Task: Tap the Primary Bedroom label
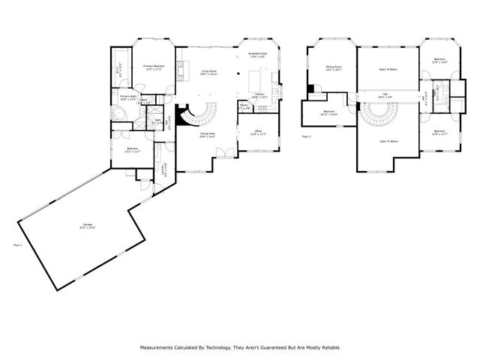click(154, 67)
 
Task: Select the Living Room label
click(209, 73)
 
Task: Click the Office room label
click(257, 133)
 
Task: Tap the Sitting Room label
click(334, 67)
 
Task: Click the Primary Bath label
click(128, 97)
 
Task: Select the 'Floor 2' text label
click(306, 137)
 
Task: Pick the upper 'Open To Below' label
click(388, 69)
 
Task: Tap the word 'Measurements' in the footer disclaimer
click(157, 347)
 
